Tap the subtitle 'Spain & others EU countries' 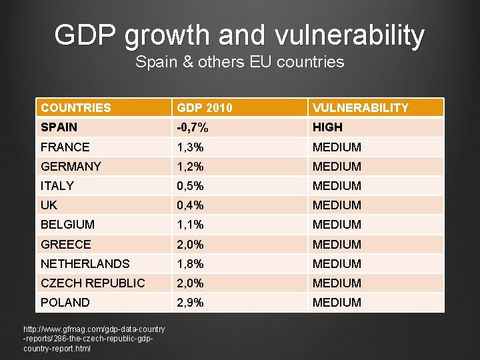[240, 63]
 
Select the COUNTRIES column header [76, 107]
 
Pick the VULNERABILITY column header [360, 107]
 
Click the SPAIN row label [59, 127]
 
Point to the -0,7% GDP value [191, 127]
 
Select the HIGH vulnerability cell [327, 127]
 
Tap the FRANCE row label [65, 147]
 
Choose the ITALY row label [57, 185]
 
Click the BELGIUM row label [68, 225]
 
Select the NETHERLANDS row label [85, 263]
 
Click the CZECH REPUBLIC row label [93, 283]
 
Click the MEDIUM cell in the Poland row [337, 302]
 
